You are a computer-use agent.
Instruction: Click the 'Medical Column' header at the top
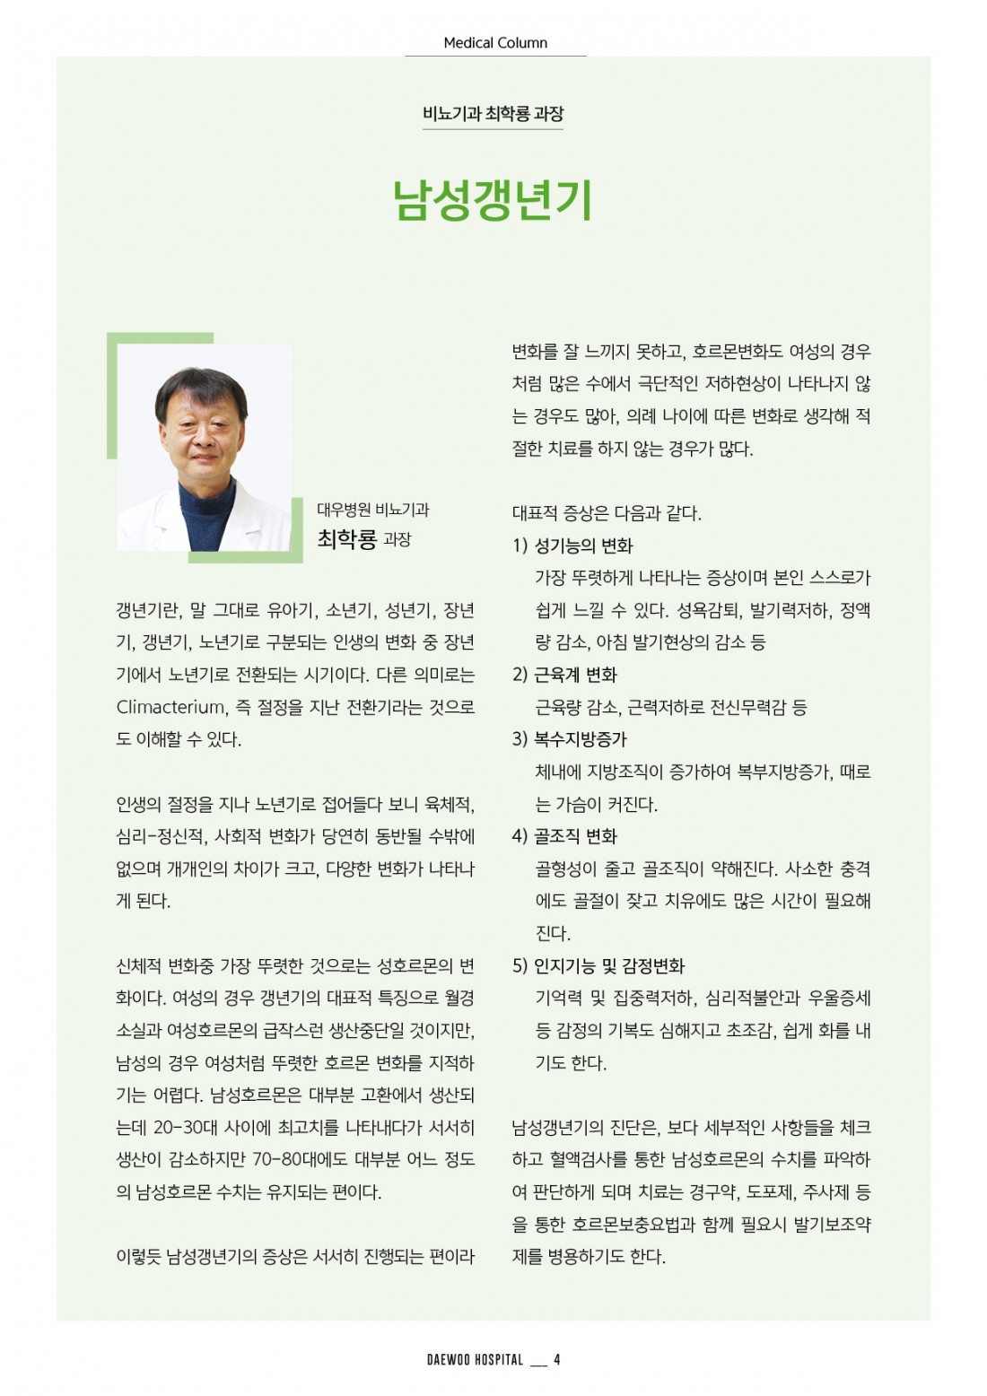[494, 42]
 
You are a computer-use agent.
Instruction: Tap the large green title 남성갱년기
[493, 200]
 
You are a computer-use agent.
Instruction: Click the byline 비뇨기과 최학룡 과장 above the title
[493, 114]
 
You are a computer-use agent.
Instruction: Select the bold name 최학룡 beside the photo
[346, 539]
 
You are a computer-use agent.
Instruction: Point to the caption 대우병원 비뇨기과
[372, 510]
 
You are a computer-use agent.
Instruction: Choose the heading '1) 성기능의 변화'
[572, 545]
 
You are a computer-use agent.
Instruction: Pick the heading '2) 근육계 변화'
[564, 675]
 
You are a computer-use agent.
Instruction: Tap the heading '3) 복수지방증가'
[569, 739]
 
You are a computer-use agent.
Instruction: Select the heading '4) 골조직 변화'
[564, 836]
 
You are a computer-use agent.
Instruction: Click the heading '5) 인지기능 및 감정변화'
[598, 965]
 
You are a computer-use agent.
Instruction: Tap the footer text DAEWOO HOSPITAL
[475, 1360]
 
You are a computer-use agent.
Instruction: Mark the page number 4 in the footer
[557, 1360]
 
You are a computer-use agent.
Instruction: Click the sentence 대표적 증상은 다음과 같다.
[607, 513]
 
